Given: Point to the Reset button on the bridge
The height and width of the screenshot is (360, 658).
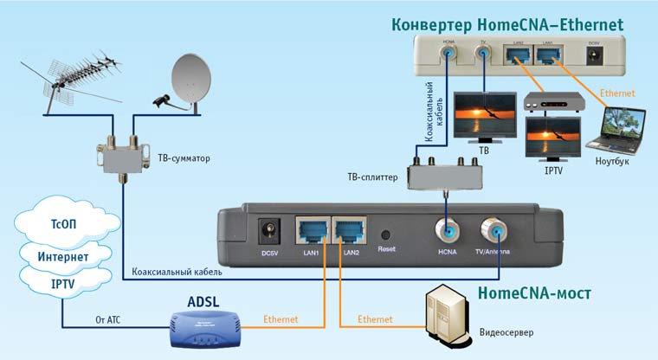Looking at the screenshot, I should click(386, 235).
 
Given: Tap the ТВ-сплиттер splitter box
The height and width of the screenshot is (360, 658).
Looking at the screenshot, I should click(446, 176).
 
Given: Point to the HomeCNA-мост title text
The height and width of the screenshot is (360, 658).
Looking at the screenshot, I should click(533, 293).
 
